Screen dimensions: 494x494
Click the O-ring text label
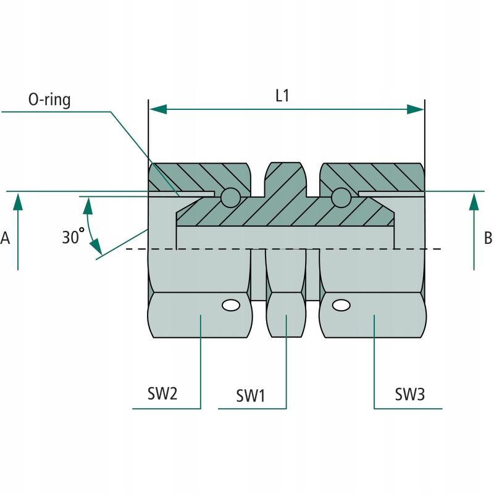click(49, 99)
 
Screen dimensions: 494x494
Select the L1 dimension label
click(282, 96)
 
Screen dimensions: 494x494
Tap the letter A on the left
click(6, 238)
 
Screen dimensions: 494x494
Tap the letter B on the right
click(488, 237)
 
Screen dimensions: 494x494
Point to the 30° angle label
click(73, 236)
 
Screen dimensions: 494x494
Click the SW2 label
click(162, 394)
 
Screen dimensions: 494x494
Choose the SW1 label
click(250, 395)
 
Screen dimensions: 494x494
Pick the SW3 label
click(409, 394)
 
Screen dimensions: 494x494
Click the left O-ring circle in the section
click(230, 197)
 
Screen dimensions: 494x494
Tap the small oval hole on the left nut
click(231, 305)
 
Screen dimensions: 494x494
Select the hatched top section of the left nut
click(198, 177)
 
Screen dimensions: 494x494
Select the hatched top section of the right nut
click(377, 177)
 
